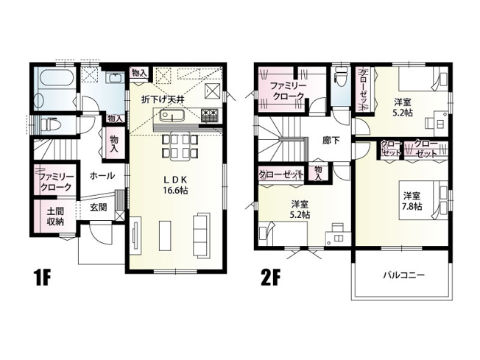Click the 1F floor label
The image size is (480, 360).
click(x=43, y=279)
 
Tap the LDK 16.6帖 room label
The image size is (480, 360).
click(x=174, y=185)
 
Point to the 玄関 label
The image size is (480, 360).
click(x=99, y=208)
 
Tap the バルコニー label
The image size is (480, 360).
click(x=403, y=275)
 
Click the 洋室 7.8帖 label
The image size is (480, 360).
click(x=412, y=201)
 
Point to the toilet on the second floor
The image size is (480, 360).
click(x=340, y=79)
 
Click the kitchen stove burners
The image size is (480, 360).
click(x=210, y=116)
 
